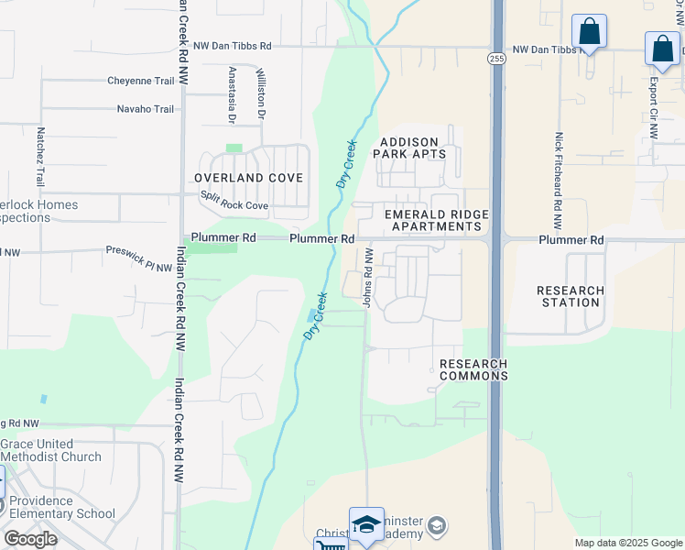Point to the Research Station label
pyautogui.click(x=570, y=296)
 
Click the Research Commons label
pyautogui.click(x=473, y=369)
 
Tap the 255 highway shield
pyautogui.click(x=495, y=58)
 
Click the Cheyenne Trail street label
pyautogui.click(x=140, y=81)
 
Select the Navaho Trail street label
pyautogui.click(x=145, y=109)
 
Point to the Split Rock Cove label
pyautogui.click(x=234, y=205)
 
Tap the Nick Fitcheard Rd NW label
pyautogui.click(x=558, y=181)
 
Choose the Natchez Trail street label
pyautogui.click(x=40, y=157)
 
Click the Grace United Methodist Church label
pyautogui.click(x=51, y=451)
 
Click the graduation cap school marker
pyautogui.click(x=366, y=524)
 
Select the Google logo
pyautogui.click(x=30, y=539)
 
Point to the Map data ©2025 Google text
pyautogui.click(x=627, y=543)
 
